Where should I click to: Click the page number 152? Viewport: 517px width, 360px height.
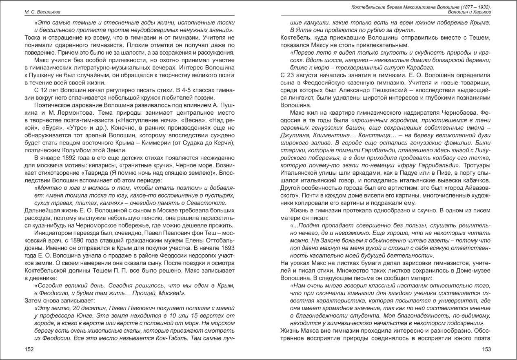tap(29, 349)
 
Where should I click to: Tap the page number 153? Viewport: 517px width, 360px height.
tap(486, 349)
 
